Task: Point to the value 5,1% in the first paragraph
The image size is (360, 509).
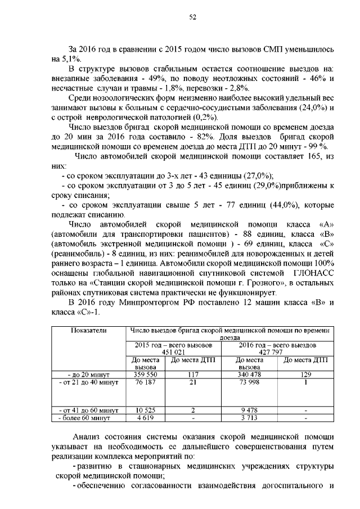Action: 71,58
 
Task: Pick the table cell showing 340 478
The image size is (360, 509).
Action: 249,374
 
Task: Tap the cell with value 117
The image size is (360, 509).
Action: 193,374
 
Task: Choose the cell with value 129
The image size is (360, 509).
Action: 304,374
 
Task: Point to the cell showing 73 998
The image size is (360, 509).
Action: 249,382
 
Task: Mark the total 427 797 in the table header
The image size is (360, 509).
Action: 277,352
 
